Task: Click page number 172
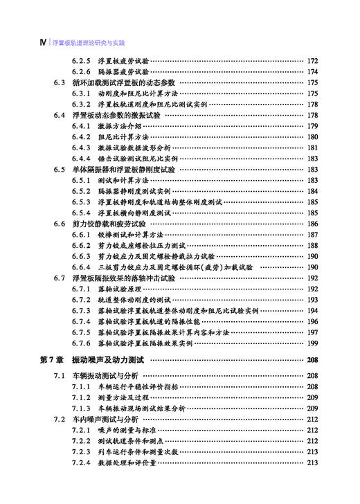pyautogui.click(x=312, y=61)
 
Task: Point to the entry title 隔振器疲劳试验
pyautogui.click(x=123, y=72)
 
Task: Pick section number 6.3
pyautogui.click(x=59, y=82)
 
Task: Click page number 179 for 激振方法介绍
pyautogui.click(x=312, y=126)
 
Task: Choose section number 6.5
pyautogui.click(x=59, y=170)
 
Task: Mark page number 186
pyautogui.click(x=312, y=224)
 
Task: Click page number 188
pyautogui.click(x=312, y=246)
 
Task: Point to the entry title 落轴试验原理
pyautogui.click(x=119, y=289)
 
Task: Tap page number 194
pyautogui.click(x=312, y=310)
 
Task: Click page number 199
pyautogui.click(x=312, y=343)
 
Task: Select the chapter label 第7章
pyautogui.click(x=51, y=360)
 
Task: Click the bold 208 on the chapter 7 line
pyautogui.click(x=312, y=360)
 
